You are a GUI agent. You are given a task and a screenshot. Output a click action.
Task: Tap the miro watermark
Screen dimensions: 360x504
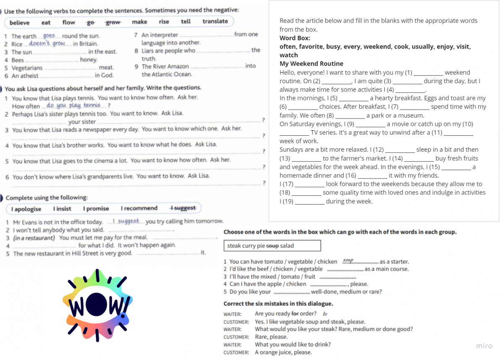pyautogui.click(x=484, y=346)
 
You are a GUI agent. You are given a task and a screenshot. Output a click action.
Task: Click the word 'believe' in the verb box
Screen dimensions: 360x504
pyautogui.click(x=20, y=23)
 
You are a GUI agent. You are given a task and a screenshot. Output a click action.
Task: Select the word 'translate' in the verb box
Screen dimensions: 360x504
pyautogui.click(x=215, y=21)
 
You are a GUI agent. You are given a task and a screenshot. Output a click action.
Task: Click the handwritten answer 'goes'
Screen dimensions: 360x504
pyautogui.click(x=49, y=36)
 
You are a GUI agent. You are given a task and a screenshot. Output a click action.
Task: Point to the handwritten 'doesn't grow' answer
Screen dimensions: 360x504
pyautogui.click(x=47, y=43)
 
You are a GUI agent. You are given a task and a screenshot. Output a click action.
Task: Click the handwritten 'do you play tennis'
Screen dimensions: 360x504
pyautogui.click(x=73, y=105)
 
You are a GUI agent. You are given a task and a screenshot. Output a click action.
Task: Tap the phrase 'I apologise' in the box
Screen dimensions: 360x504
pyautogui.click(x=26, y=209)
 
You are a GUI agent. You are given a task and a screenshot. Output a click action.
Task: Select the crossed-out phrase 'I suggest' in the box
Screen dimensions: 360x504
pyautogui.click(x=183, y=208)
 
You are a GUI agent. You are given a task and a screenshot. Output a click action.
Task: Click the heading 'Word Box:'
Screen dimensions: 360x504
pyautogui.click(x=295, y=38)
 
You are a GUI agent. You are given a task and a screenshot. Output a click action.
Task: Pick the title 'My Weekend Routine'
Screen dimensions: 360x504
pyautogui.click(x=311, y=64)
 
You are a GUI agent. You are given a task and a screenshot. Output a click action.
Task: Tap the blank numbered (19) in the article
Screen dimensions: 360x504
pyautogui.click(x=310, y=202)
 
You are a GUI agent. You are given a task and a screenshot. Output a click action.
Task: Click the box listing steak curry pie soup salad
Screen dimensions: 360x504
pyautogui.click(x=272, y=246)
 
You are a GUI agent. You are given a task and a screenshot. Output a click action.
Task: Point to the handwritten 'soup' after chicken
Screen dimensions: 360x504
pyautogui.click(x=348, y=260)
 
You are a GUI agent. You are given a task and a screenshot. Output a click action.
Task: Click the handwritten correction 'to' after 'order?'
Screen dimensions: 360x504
pyautogui.click(x=325, y=314)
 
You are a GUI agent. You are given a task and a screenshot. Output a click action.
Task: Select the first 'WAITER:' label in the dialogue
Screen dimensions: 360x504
pyautogui.click(x=232, y=314)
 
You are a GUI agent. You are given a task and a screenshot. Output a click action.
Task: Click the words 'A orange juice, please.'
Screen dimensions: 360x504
pyautogui.click(x=283, y=352)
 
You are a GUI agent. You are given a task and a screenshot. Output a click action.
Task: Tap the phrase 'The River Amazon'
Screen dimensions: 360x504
pyautogui.click(x=165, y=66)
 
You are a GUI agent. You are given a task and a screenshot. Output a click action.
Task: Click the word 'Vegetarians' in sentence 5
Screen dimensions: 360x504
pyautogui.click(x=27, y=68)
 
